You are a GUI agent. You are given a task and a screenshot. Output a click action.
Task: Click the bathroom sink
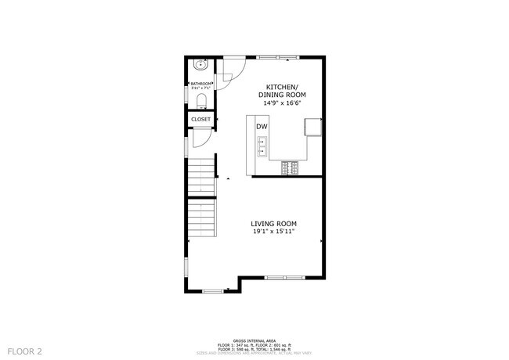coord(200,66)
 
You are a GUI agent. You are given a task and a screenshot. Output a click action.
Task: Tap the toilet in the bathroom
coord(200,100)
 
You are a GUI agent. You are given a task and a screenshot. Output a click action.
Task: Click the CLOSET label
coord(200,120)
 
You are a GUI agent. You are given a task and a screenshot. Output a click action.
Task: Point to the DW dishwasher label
coord(262,127)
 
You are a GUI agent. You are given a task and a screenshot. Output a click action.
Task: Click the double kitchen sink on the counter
coord(262,146)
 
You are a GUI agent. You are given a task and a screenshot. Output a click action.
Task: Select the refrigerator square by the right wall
coord(313,126)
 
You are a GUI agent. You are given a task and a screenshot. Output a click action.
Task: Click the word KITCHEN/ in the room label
coord(280,87)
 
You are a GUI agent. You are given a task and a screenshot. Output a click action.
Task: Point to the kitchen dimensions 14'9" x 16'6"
coord(280,103)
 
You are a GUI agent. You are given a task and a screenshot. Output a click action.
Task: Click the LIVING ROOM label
coord(273,223)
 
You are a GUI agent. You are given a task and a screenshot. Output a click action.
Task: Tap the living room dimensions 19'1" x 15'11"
coord(273,232)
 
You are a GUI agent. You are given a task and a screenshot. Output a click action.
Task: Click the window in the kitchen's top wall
coord(277,56)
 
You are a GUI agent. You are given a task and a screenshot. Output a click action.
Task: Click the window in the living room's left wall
coord(186,266)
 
